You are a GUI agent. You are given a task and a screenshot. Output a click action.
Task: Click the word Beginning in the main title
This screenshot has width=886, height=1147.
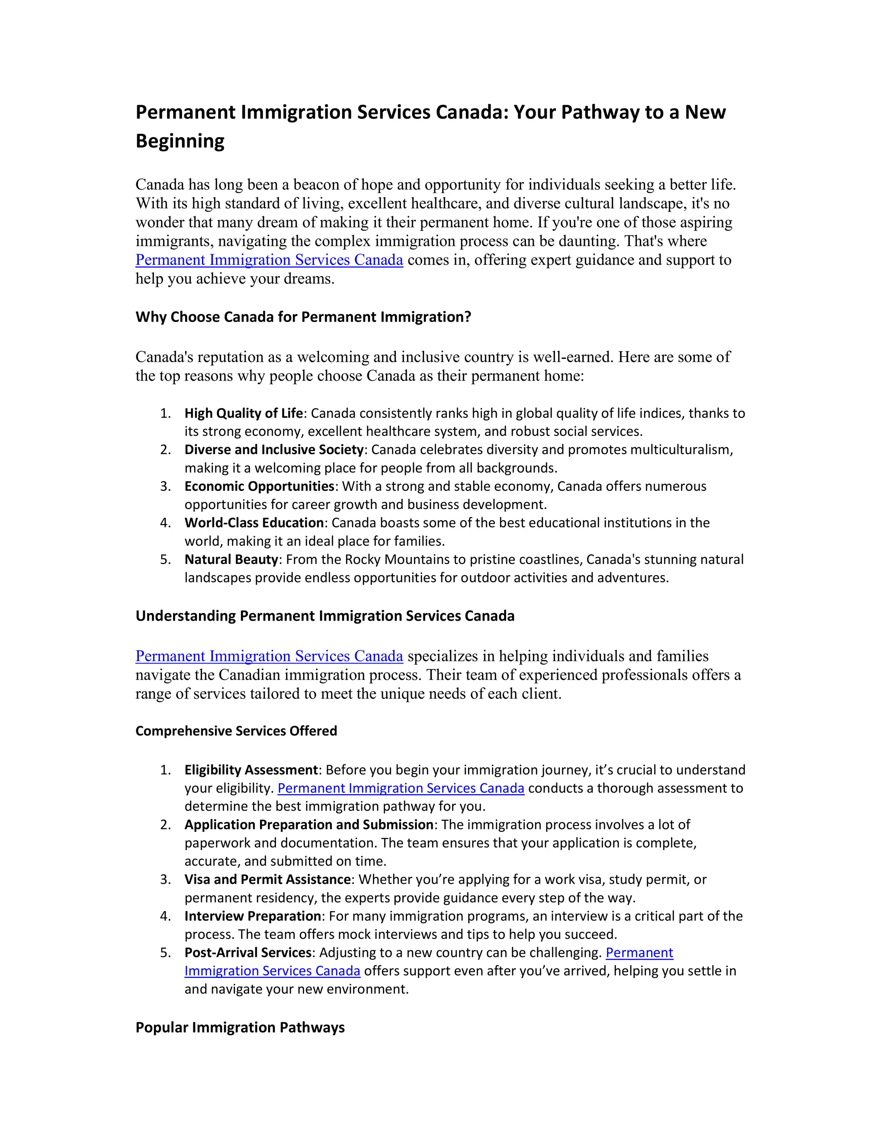(x=180, y=141)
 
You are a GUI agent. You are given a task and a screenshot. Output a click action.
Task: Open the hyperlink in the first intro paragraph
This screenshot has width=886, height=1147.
(x=269, y=260)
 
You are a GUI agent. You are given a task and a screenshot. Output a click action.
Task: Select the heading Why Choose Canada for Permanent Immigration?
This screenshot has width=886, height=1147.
(x=303, y=317)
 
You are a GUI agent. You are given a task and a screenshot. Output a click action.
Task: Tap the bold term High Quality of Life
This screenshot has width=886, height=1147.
(x=244, y=413)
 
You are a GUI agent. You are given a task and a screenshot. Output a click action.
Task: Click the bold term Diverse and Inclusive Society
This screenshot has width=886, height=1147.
(x=274, y=450)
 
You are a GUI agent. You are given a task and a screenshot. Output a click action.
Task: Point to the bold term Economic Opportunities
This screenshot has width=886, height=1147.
(x=259, y=487)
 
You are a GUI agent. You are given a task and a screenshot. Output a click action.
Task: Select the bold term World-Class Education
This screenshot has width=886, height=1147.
(x=254, y=523)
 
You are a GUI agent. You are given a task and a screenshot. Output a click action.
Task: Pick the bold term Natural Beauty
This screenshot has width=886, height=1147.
(x=231, y=560)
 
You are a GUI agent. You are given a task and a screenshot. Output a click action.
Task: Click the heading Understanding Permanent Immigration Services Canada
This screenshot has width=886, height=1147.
(x=325, y=616)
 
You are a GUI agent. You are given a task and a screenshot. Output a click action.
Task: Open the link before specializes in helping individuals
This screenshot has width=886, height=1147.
(x=269, y=657)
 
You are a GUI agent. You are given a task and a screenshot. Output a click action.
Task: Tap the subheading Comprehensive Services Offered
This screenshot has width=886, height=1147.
(x=236, y=731)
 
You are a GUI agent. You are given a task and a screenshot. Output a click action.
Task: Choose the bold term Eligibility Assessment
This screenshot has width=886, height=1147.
(x=251, y=770)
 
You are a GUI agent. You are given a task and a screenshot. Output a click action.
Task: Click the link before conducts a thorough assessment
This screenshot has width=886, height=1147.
(x=401, y=788)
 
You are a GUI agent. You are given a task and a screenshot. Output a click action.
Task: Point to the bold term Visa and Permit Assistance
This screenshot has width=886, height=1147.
(x=267, y=880)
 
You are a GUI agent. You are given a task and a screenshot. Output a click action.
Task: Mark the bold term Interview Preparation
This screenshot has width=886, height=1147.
(x=253, y=916)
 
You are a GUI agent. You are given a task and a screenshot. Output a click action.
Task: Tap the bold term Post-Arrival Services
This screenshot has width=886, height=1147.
(x=248, y=953)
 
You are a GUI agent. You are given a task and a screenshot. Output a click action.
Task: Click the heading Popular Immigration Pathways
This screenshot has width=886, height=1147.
(x=240, y=1028)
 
